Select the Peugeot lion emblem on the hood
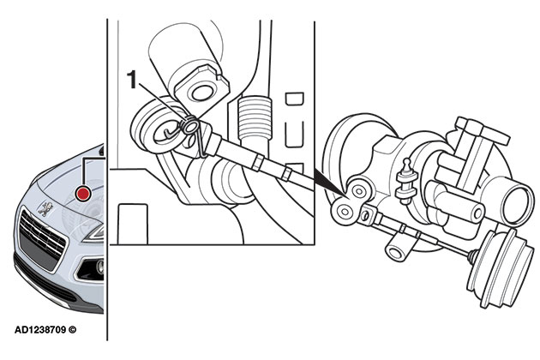(x=45, y=207)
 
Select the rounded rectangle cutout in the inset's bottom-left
(x=135, y=221)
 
